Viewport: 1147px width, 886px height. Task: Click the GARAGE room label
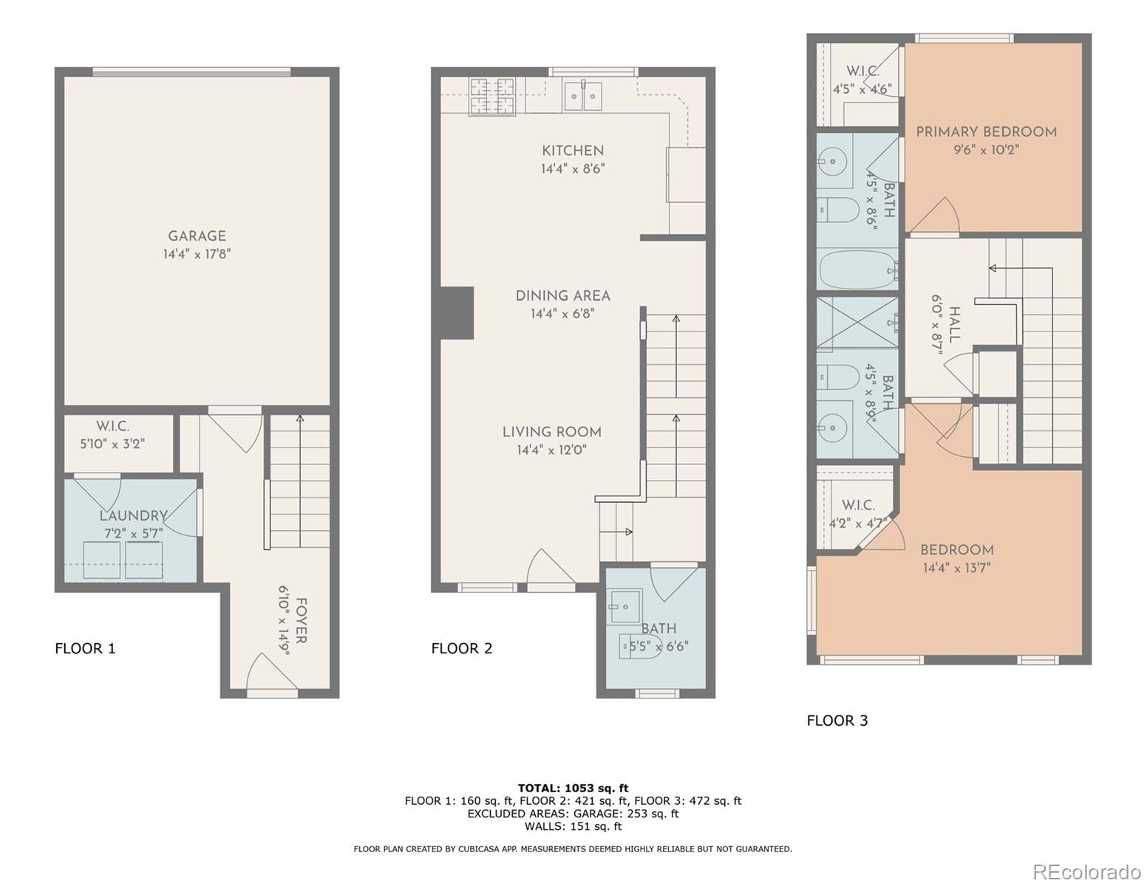(197, 236)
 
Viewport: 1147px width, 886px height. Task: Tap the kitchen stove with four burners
(491, 96)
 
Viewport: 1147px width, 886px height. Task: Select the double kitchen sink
(583, 96)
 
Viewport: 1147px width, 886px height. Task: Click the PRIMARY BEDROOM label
(986, 132)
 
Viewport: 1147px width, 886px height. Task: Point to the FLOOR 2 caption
(461, 648)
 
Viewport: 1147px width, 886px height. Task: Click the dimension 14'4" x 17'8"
(197, 255)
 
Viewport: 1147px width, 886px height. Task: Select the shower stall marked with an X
(857, 323)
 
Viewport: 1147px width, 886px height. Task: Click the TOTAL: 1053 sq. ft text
(573, 788)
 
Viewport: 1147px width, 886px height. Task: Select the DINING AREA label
(562, 295)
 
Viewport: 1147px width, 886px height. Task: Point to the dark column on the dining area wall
(456, 312)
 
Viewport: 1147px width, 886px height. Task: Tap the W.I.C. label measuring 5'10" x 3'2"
(112, 427)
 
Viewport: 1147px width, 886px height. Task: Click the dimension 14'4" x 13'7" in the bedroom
(956, 569)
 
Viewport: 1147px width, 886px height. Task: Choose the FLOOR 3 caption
(837, 721)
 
